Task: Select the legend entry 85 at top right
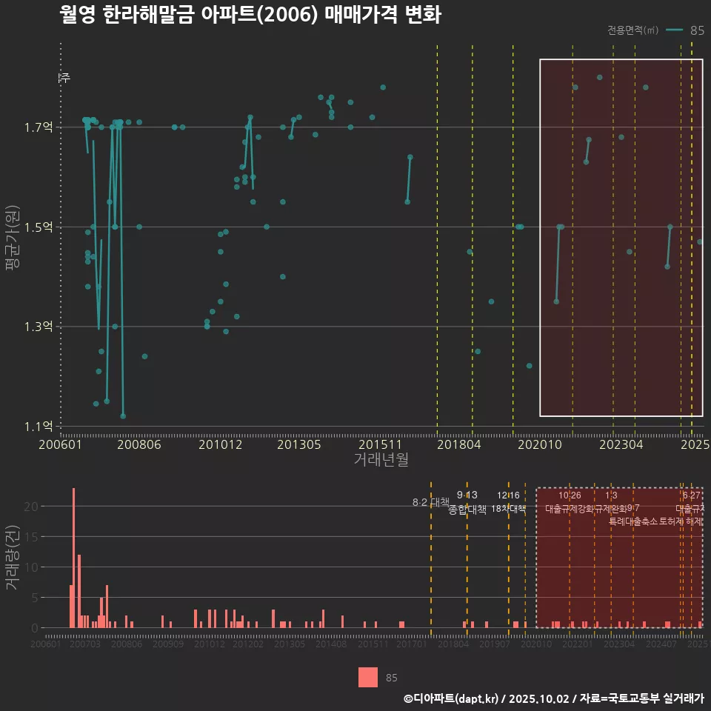click(697, 30)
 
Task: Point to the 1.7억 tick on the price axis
click(44, 127)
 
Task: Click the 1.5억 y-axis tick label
click(44, 227)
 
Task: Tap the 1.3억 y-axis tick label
click(44, 327)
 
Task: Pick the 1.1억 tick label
click(44, 426)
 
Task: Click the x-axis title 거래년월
click(381, 459)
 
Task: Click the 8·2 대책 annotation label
click(430, 502)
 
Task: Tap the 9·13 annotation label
click(467, 495)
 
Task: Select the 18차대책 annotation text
click(508, 509)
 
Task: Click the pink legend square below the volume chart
click(368, 677)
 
